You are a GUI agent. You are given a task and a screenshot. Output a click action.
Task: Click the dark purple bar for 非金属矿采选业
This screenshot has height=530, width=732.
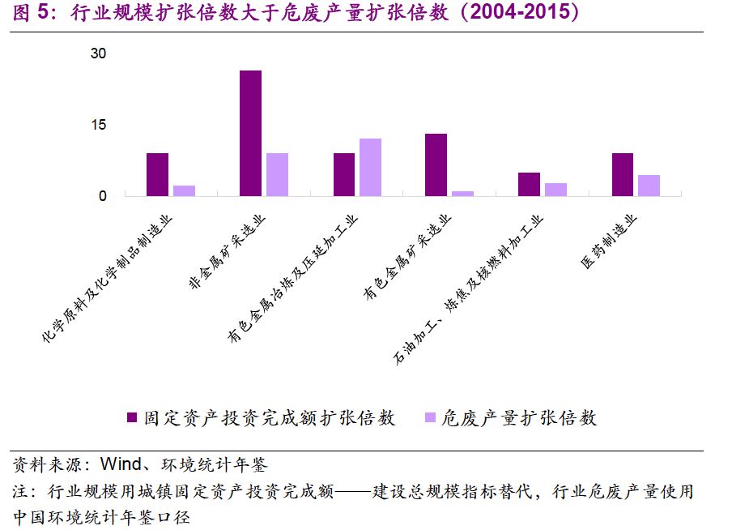(251, 133)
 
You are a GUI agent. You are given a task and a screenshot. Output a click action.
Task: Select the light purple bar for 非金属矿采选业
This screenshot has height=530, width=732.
(277, 174)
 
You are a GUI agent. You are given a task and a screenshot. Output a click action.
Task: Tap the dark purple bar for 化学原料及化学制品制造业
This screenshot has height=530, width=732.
(158, 174)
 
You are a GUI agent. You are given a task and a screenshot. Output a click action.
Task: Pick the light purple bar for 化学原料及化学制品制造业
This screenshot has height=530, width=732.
(184, 190)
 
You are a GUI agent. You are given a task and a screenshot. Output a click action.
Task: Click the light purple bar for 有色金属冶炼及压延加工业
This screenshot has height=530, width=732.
(370, 167)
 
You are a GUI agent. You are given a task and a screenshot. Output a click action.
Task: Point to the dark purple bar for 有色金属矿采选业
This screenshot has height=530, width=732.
(436, 165)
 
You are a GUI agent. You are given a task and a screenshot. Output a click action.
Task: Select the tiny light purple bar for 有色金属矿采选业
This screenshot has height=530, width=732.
(462, 193)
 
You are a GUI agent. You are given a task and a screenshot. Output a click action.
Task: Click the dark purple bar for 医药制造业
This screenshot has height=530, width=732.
(623, 174)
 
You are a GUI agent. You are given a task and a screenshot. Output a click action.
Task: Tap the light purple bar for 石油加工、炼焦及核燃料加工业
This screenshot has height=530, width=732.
(555, 189)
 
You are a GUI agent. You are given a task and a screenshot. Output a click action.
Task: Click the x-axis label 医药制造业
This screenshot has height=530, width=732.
(611, 241)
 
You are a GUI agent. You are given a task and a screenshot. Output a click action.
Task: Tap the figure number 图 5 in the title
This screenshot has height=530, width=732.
(31, 14)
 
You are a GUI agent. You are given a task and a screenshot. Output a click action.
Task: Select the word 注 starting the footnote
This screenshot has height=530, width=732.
(20, 491)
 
